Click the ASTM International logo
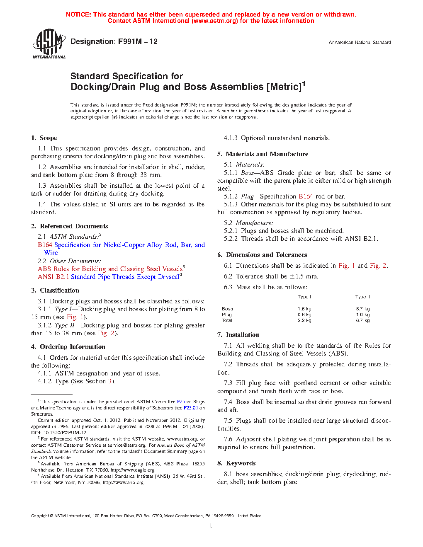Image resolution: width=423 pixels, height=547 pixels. click(x=49, y=44)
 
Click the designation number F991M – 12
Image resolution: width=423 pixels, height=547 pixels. click(x=138, y=41)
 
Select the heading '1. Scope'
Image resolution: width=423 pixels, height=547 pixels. click(x=44, y=138)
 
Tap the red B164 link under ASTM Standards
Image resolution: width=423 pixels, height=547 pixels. click(x=45, y=245)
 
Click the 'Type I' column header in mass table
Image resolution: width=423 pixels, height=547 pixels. click(x=304, y=297)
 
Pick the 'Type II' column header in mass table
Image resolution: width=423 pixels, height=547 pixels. click(x=362, y=297)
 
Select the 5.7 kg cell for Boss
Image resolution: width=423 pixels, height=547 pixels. click(x=363, y=309)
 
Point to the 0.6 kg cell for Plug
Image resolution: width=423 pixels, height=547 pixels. click(x=304, y=315)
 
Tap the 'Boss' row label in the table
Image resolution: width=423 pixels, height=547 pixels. click(x=227, y=309)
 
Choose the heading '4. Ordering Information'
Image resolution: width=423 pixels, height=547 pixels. click(x=68, y=347)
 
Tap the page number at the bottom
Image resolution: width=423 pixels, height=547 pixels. click(x=211, y=526)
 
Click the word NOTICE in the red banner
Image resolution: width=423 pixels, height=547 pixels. click(x=78, y=15)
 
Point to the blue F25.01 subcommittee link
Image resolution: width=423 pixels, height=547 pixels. click(x=191, y=408)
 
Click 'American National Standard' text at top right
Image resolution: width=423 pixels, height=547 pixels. click(x=362, y=42)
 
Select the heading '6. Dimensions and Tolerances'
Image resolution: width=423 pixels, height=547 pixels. click(x=262, y=255)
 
